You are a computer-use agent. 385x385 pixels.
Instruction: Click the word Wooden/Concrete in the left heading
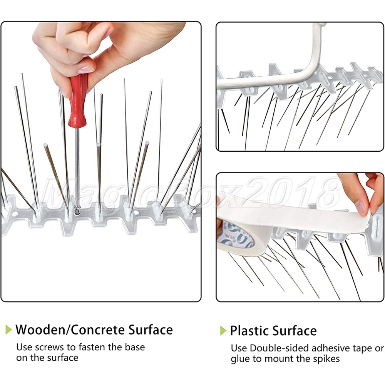[x=70, y=330]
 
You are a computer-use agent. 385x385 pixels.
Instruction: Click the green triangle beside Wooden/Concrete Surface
[x=8, y=330]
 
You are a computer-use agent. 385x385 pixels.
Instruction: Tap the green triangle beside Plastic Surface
[x=223, y=330]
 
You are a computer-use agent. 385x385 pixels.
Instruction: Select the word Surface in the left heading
[x=151, y=330]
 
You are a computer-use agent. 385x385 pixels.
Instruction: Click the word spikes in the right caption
[x=326, y=359]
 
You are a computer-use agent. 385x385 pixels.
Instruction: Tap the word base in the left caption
[x=134, y=347]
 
